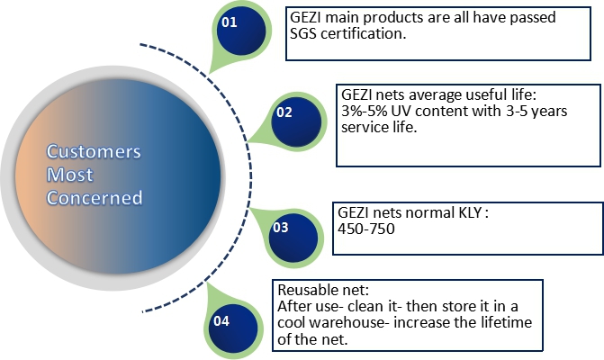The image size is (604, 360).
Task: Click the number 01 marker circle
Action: click(x=241, y=31)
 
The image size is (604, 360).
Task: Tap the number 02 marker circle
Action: click(x=296, y=121)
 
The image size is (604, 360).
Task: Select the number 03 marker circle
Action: click(x=293, y=238)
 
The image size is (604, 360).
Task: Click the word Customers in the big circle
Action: click(x=94, y=151)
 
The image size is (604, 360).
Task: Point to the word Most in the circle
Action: click(x=69, y=175)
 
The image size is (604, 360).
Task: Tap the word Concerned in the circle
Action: click(x=95, y=197)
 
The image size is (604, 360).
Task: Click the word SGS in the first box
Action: click(x=303, y=33)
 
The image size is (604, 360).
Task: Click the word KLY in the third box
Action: click(x=470, y=212)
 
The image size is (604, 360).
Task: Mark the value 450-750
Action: click(x=366, y=229)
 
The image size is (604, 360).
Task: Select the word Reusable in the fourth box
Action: click(x=308, y=290)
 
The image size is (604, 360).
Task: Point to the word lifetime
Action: click(x=506, y=322)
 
